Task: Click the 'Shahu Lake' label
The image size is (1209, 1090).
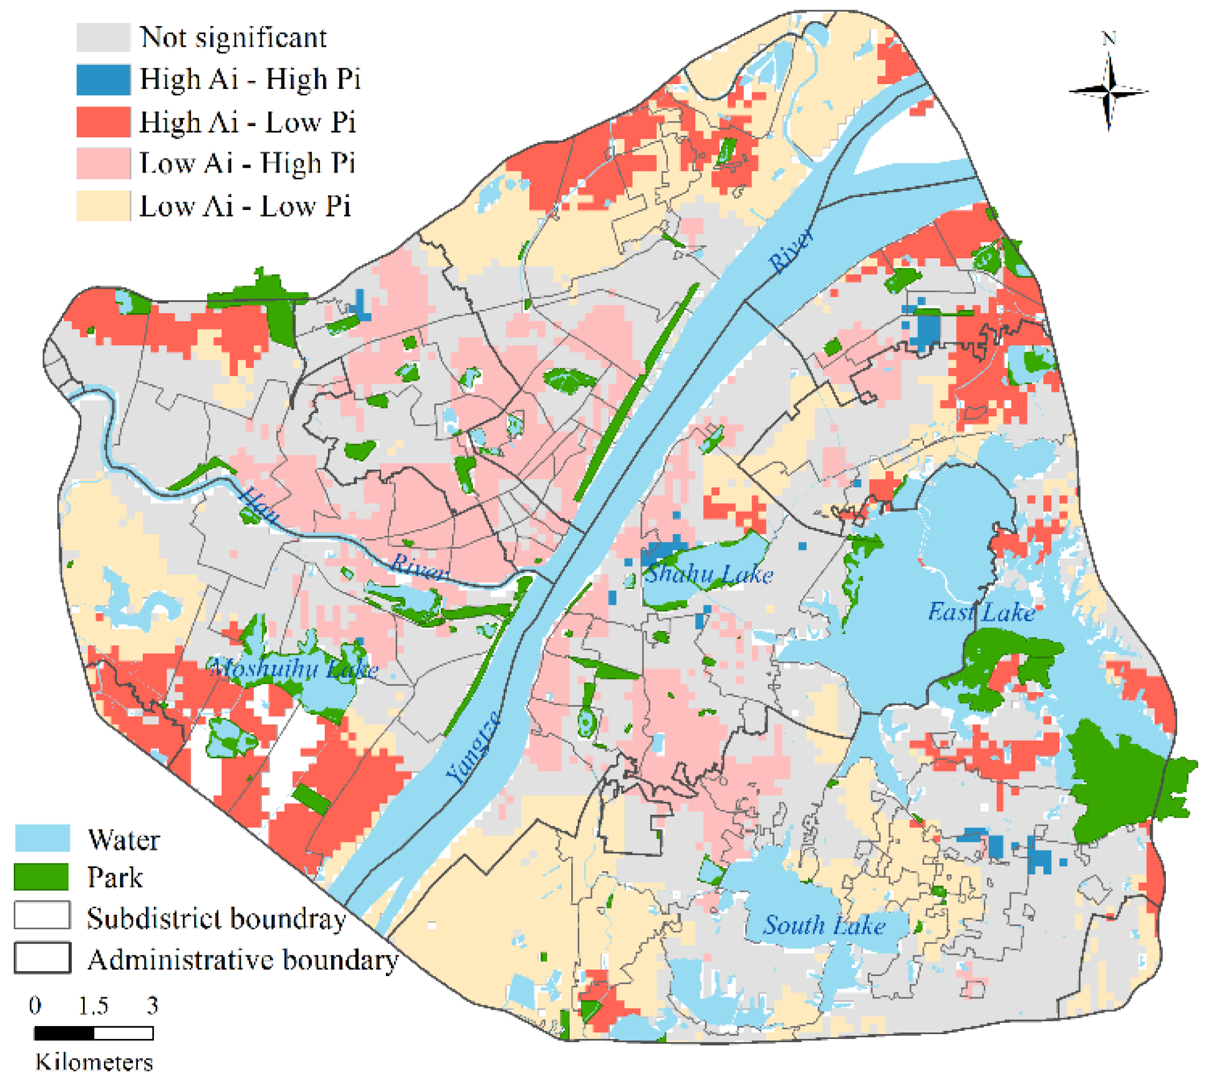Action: [x=709, y=575]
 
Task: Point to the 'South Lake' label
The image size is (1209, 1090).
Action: [x=824, y=925]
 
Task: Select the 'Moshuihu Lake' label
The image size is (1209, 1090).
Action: [x=293, y=668]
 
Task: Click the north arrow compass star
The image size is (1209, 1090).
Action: [x=1108, y=92]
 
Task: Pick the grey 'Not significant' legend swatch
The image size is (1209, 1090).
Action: [x=103, y=37]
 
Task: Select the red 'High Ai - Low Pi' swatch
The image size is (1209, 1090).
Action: [x=103, y=122]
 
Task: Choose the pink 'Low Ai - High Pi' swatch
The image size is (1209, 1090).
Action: [x=103, y=163]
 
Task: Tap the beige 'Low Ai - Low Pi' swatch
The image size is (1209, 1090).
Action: [x=103, y=206]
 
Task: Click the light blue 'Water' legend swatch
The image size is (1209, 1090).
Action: [x=42, y=839]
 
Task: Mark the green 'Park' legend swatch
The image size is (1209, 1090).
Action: [x=42, y=877]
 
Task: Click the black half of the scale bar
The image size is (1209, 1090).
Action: [x=64, y=1033]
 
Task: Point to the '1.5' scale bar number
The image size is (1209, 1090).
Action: [x=93, y=1006]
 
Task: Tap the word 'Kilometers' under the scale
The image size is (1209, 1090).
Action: [x=94, y=1062]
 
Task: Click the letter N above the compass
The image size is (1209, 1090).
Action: [x=1108, y=39]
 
